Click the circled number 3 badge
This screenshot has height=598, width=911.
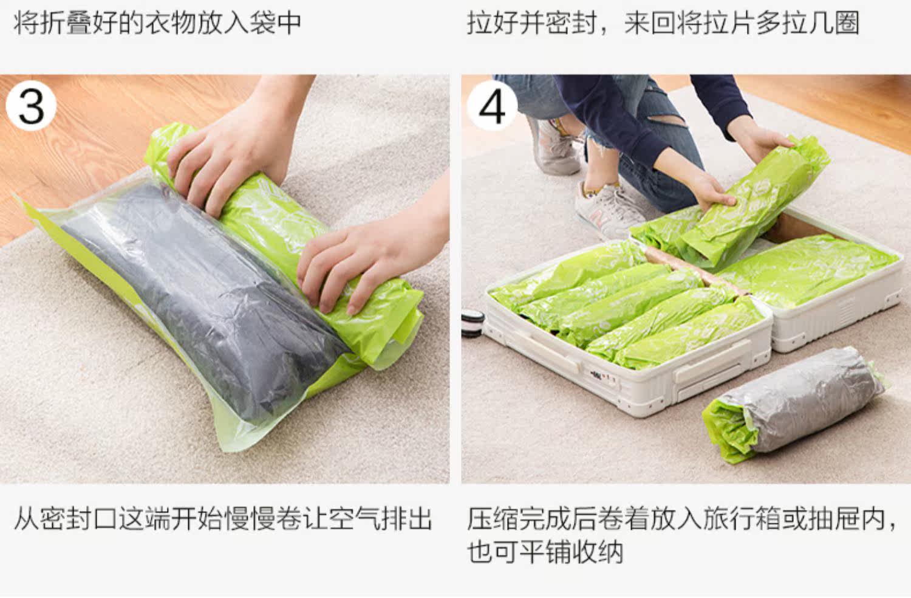(x=31, y=105)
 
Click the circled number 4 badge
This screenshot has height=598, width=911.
(x=492, y=105)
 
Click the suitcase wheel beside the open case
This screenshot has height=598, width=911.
(x=473, y=324)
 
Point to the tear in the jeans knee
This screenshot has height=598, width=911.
(x=666, y=122)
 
